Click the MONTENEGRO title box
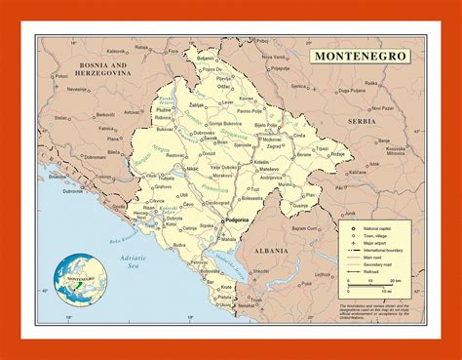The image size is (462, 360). tap(360, 56)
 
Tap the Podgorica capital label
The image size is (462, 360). tap(241, 222)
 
